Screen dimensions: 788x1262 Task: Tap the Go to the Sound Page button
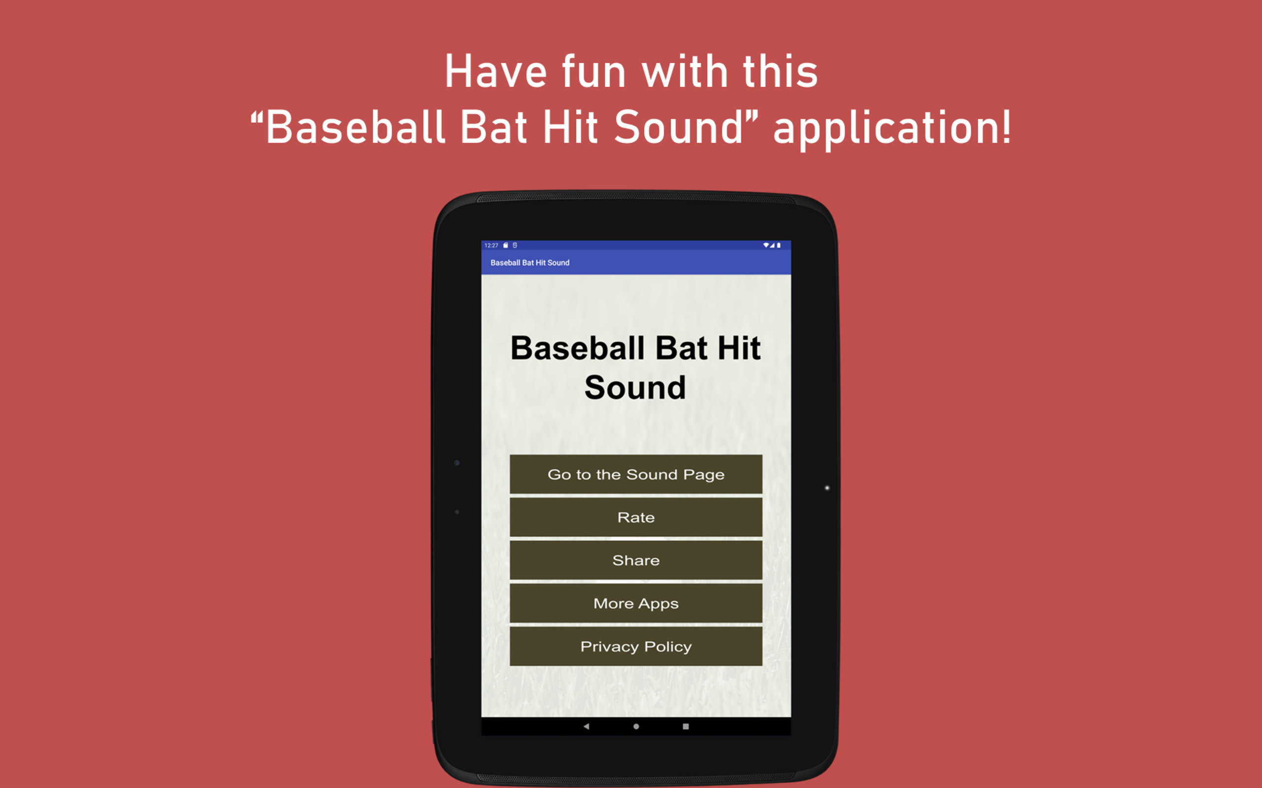[x=636, y=474]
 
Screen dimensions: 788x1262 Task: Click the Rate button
[x=636, y=517]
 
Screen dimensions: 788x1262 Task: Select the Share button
[x=636, y=560]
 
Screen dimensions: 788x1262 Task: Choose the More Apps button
[x=636, y=603]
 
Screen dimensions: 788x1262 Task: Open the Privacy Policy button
[x=636, y=646]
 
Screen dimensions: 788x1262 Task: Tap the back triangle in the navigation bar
[x=586, y=726]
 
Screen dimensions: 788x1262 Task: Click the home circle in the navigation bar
[x=636, y=726]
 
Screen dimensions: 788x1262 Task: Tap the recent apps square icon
[x=686, y=726]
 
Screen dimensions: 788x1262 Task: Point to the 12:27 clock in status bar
[x=491, y=245]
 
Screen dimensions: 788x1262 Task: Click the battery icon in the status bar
[x=778, y=245]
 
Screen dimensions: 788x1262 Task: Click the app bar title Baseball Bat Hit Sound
[x=530, y=263]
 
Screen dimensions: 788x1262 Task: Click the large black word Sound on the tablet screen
[x=635, y=388]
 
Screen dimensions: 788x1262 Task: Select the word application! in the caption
[x=892, y=128]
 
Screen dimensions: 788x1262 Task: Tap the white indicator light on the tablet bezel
[x=827, y=488]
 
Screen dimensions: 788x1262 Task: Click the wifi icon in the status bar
[x=766, y=245]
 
